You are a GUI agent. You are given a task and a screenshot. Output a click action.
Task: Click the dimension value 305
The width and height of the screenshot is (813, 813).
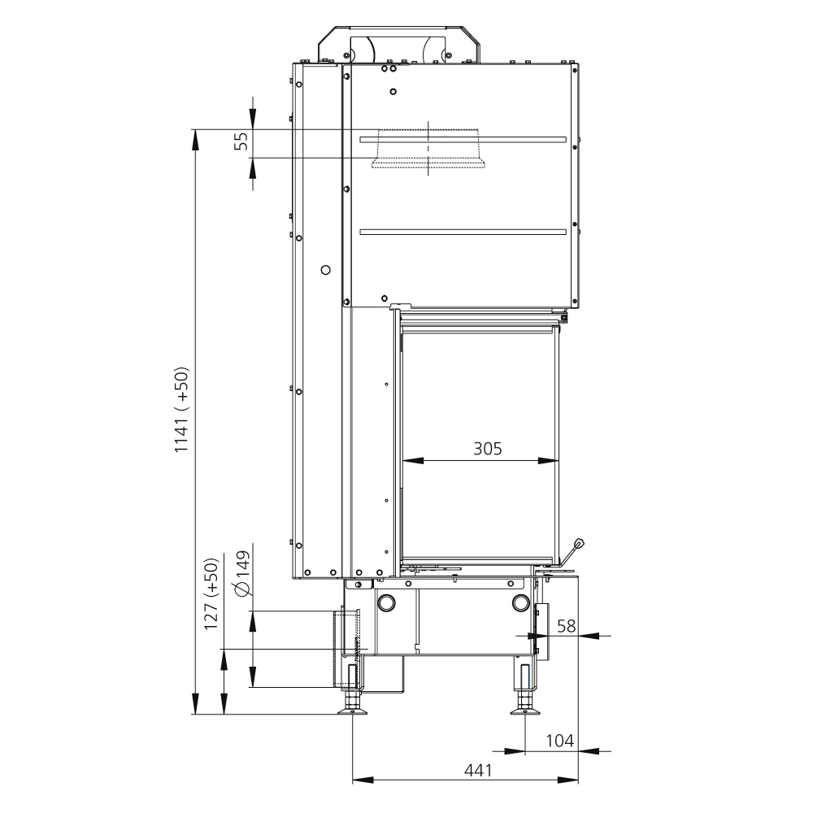(487, 448)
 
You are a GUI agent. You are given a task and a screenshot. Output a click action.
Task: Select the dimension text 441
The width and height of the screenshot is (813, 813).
(477, 771)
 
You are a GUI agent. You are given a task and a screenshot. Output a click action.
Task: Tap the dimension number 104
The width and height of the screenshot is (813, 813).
(559, 741)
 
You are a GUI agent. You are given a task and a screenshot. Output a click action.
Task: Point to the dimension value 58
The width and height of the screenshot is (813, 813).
(566, 626)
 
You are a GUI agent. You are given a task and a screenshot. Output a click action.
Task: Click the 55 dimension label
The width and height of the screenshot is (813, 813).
(241, 141)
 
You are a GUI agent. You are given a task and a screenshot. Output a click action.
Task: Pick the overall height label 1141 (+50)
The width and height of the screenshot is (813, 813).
(181, 410)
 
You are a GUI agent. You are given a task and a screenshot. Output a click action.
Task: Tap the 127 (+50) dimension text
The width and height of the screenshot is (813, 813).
(211, 594)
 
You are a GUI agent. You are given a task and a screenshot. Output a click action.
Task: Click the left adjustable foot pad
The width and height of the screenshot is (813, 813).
(353, 711)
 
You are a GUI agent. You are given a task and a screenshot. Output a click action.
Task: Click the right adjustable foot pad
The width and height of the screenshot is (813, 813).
(525, 711)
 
